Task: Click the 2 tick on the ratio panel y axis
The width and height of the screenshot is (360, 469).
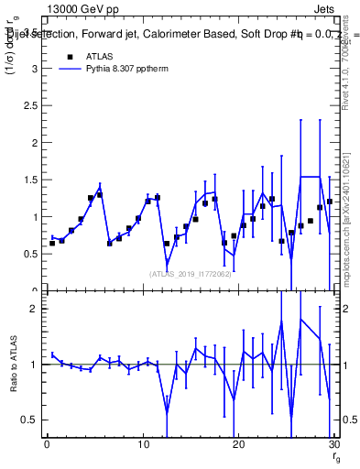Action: (38, 309)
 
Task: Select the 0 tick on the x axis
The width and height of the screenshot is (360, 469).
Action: (47, 445)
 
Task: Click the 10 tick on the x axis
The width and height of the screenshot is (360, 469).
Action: (142, 445)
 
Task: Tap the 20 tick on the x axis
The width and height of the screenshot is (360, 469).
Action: (238, 445)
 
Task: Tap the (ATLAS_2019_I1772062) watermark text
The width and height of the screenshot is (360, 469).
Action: (191, 273)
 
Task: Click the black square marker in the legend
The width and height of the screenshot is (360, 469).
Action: (68, 56)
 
